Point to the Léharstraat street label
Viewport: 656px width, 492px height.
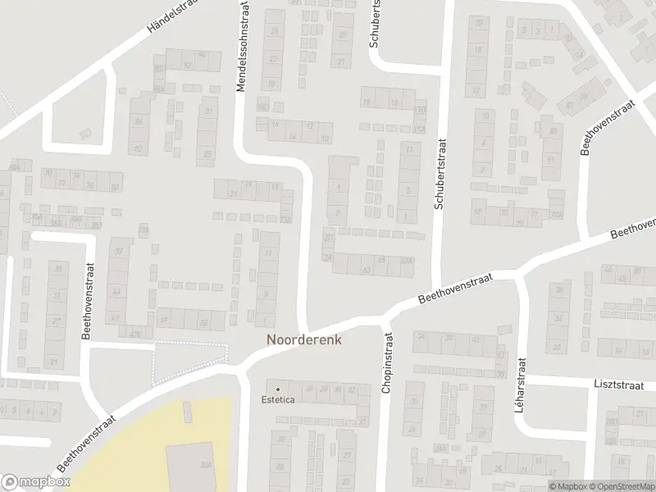520,385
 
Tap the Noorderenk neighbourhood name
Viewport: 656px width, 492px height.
303,338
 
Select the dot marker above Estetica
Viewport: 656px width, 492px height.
279,388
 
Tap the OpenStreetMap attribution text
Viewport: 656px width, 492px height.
622,486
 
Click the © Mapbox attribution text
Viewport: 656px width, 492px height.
567,486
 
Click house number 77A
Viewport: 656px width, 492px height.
558,215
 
